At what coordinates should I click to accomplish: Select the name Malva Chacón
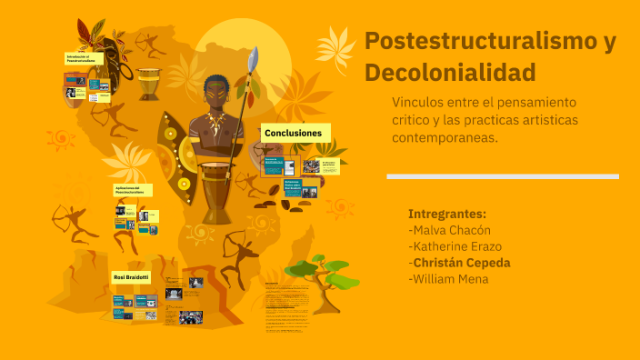450,230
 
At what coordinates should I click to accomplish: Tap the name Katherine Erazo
455,246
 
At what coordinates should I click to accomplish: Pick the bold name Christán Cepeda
461,263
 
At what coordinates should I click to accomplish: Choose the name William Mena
449,279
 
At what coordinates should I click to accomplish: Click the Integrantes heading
447,214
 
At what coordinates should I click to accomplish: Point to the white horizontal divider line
502,176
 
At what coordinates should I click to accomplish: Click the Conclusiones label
293,134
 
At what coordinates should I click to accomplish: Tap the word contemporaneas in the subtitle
445,137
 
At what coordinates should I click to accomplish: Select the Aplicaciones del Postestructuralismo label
133,190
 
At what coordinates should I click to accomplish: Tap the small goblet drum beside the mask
149,82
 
